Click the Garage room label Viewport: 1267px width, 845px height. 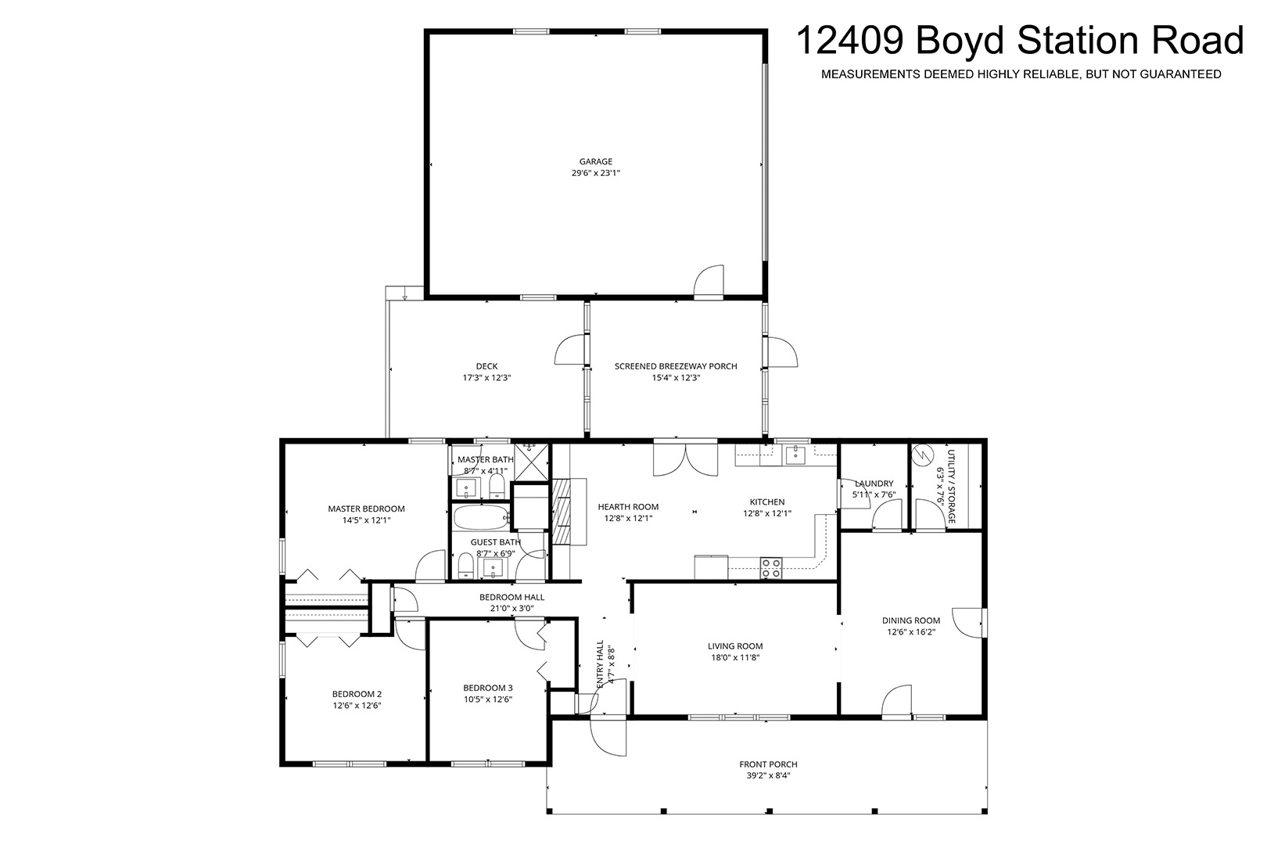click(596, 162)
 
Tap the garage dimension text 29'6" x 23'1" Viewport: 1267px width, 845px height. click(596, 173)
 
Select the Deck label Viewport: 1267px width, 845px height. click(486, 366)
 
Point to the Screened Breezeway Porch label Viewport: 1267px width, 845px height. click(676, 366)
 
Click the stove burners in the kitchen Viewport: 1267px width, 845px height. click(770, 568)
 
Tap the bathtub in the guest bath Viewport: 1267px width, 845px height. click(481, 516)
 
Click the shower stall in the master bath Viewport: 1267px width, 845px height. click(531, 462)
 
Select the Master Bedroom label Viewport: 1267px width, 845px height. click(366, 509)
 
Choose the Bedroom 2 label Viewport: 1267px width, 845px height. click(357, 694)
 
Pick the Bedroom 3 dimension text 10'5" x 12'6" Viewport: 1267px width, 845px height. click(487, 699)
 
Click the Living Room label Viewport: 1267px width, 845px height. click(735, 645)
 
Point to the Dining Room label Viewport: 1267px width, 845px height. click(910, 620)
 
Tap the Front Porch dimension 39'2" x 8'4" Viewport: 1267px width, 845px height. click(768, 775)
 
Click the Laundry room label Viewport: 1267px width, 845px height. click(874, 484)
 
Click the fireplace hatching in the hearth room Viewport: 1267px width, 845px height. click(561, 511)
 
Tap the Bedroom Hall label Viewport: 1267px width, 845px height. click(512, 597)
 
